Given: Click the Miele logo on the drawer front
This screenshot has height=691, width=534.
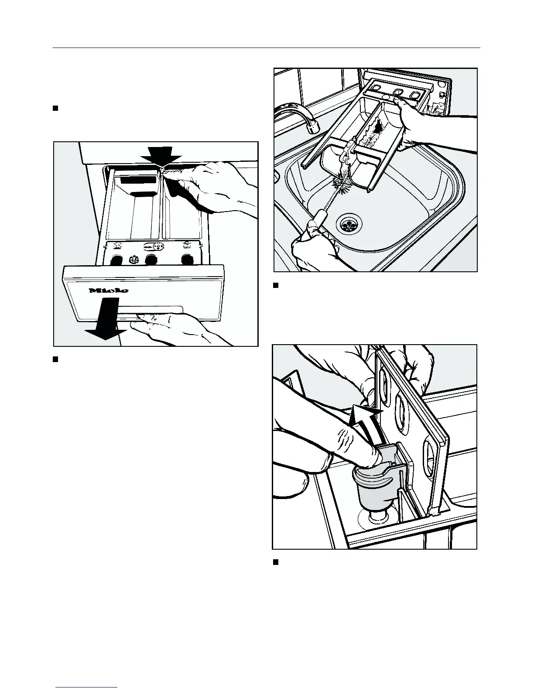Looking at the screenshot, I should point(109,291).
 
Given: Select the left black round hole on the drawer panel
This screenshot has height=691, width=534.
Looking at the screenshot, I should point(116,261).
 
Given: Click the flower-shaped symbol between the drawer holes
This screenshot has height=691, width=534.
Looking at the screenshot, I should point(133,261).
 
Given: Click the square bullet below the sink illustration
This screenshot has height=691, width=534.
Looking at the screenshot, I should point(275,286).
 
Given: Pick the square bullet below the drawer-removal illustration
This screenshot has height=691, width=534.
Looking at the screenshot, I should point(55,359).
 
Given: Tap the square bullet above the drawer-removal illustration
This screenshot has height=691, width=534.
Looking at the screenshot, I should point(55,108).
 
